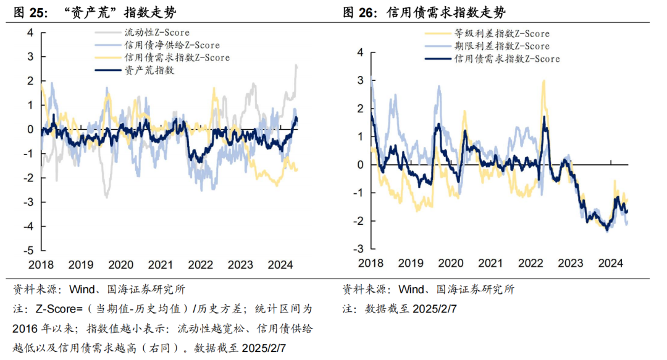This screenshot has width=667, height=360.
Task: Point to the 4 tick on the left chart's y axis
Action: pos(30,32)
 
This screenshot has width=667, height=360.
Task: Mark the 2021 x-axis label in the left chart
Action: pos(161,265)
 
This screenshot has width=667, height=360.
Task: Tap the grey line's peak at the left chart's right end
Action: pos(296,65)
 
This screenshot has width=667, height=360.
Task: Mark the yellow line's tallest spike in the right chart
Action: pos(544,80)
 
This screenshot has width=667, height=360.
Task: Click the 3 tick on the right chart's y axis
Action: pos(360,80)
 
